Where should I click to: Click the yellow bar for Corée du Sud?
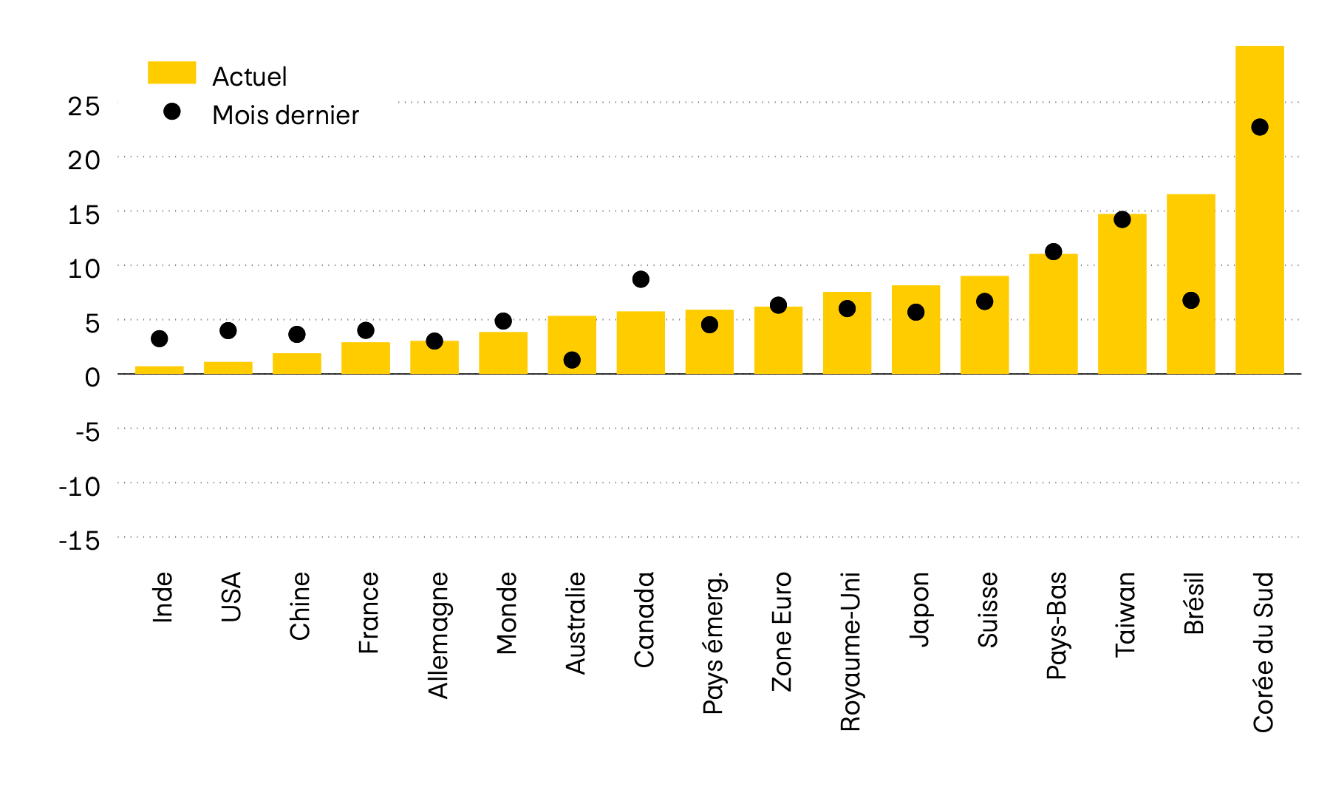coord(1259,222)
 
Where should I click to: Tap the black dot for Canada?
coord(641,279)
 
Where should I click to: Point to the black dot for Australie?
coord(572,360)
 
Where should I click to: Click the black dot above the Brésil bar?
coord(1190,301)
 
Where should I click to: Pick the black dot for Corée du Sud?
coord(1259,127)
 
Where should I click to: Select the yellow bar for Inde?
coord(159,370)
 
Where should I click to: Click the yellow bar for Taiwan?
coord(1122,296)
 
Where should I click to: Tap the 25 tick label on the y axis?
coord(83,106)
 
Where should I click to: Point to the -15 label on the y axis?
coord(79,541)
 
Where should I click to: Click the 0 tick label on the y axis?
coord(92,378)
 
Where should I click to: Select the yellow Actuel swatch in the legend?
coord(171,72)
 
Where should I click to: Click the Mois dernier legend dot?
coord(172,112)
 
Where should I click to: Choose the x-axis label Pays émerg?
coord(713,643)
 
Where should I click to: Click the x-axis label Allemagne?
coord(438,635)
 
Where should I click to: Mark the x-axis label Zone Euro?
coord(782,632)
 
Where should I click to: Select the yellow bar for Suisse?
coord(984,325)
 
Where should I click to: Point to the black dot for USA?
coord(228,330)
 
